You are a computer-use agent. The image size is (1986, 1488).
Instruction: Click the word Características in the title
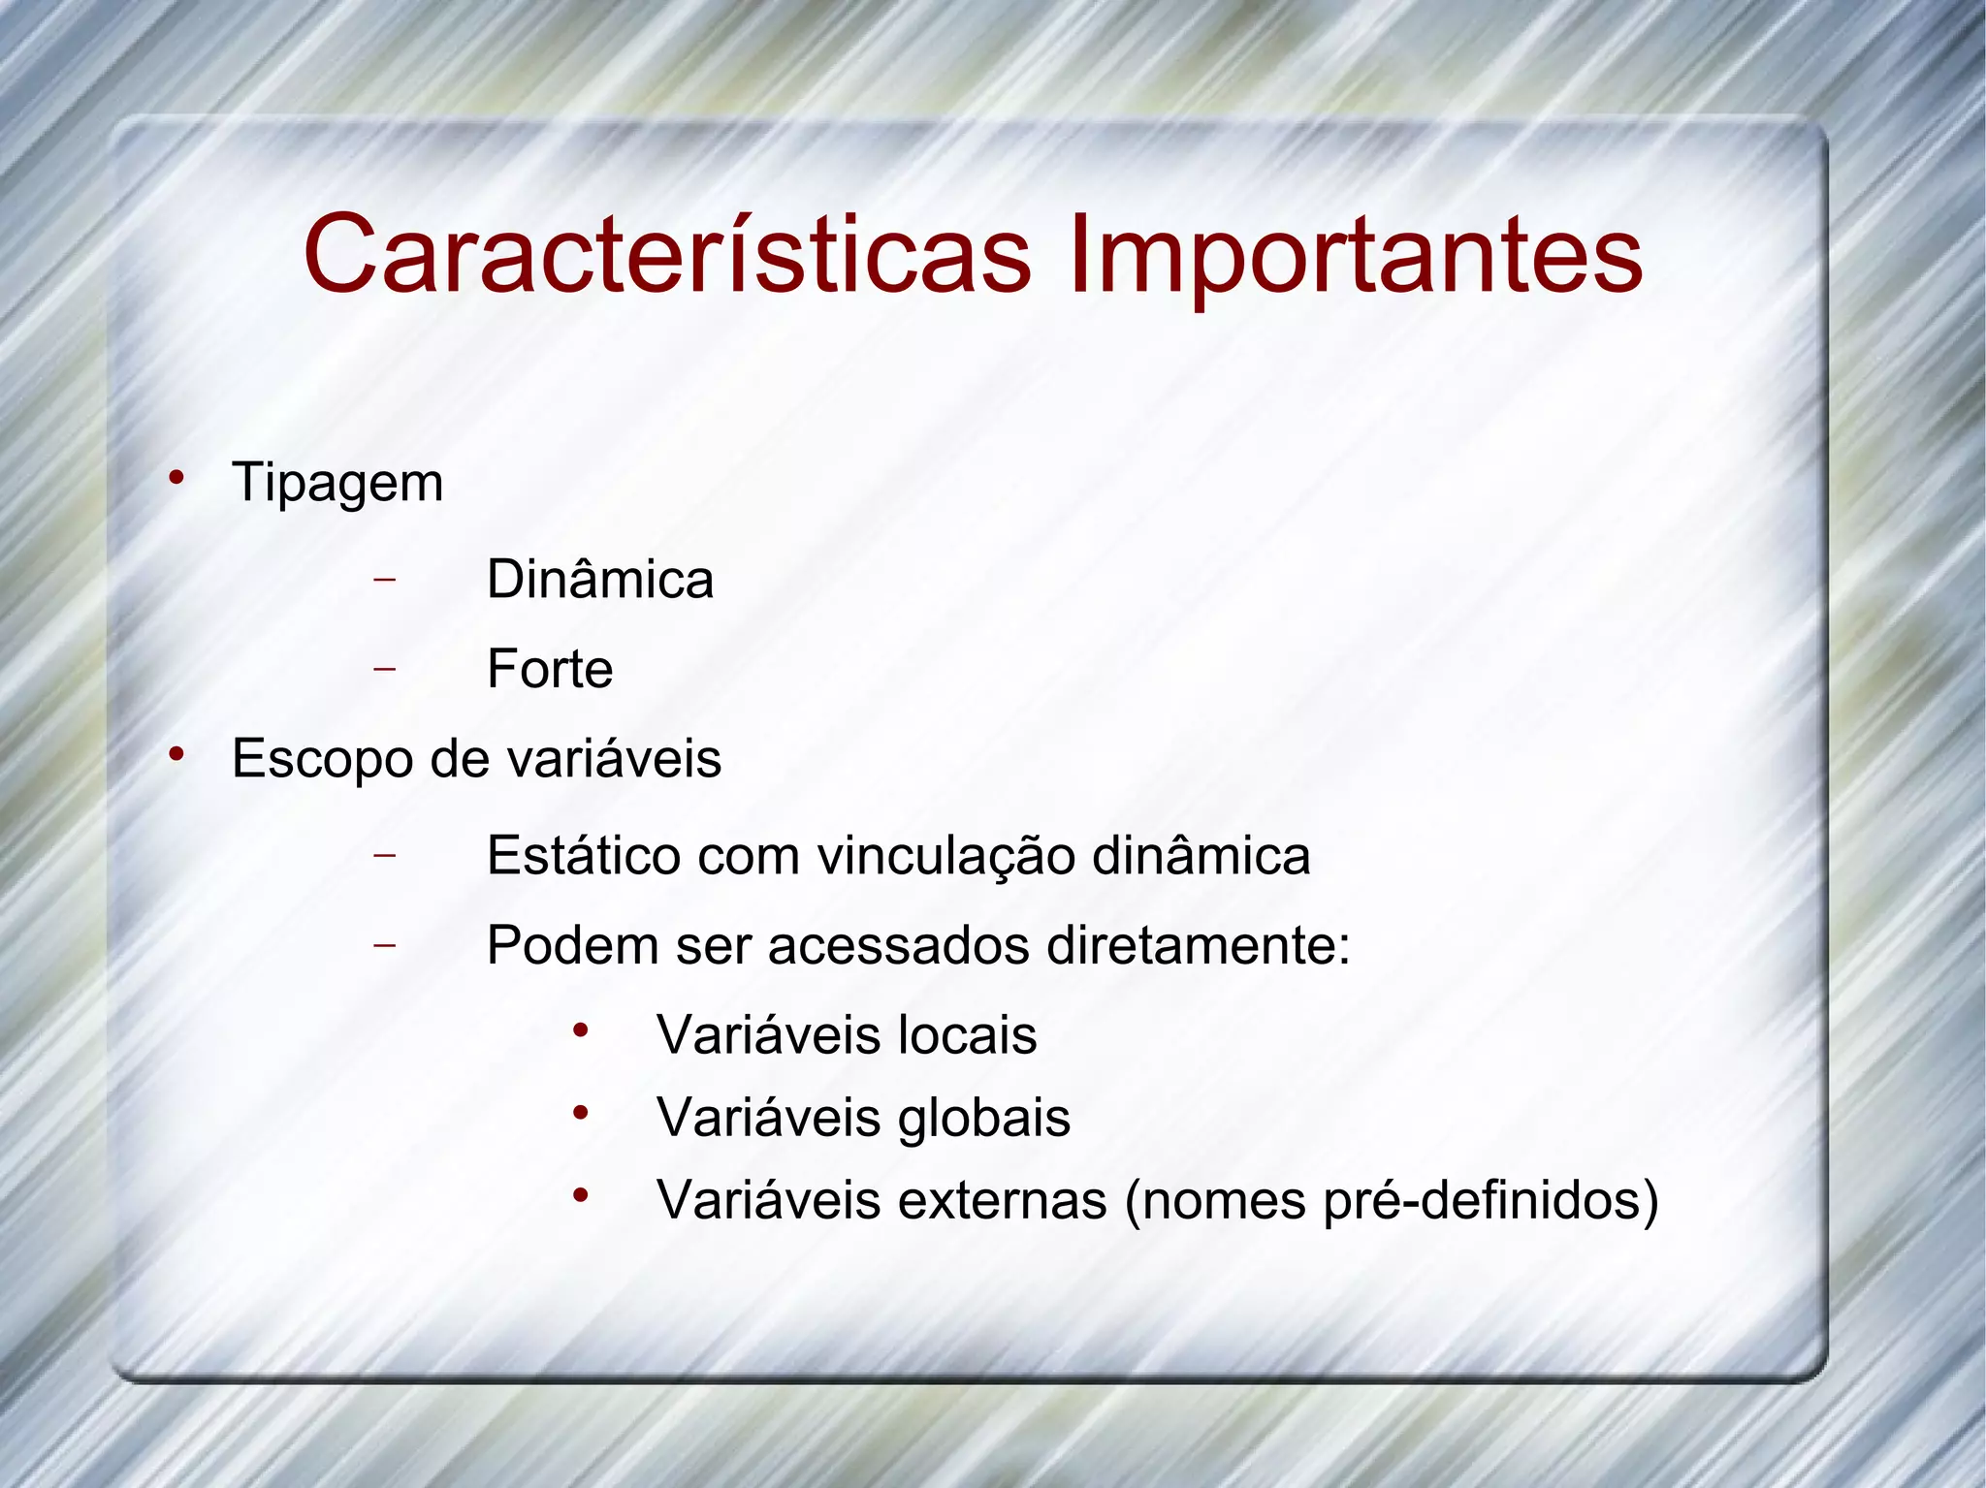click(667, 254)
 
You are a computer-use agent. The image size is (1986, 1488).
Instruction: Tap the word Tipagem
click(337, 484)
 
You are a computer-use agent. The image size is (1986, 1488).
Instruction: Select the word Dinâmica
click(600, 580)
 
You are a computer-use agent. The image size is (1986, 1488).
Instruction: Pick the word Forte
click(550, 669)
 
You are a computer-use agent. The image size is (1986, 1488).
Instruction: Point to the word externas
click(1002, 1200)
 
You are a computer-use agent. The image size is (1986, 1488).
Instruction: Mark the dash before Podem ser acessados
click(385, 944)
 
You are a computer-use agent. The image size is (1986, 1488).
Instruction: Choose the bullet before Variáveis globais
click(580, 1113)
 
